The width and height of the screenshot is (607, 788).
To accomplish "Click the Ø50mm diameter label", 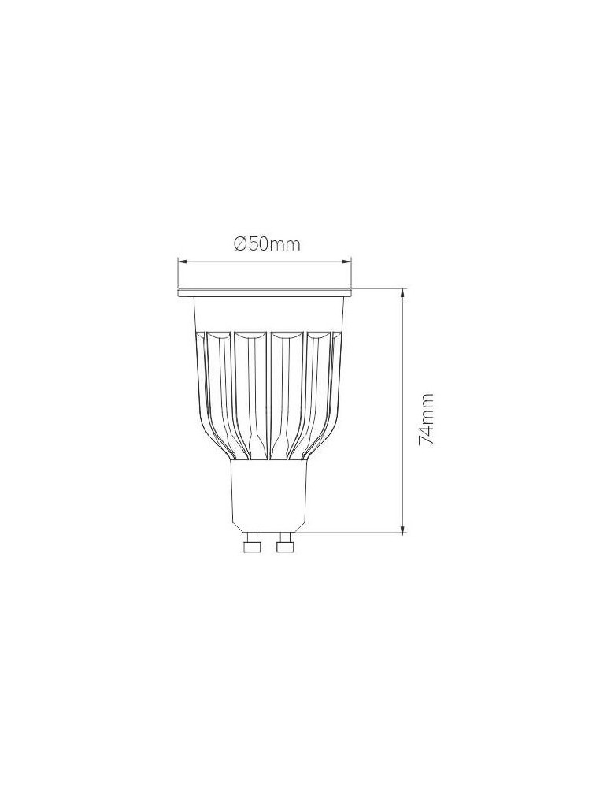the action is point(267,244).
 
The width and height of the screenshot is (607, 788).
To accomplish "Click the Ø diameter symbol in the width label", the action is point(240,244).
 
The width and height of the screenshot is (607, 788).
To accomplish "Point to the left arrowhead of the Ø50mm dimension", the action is point(183,262).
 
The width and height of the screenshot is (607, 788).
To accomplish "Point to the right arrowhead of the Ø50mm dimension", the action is point(346,262).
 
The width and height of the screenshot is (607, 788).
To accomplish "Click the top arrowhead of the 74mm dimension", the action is point(402,292).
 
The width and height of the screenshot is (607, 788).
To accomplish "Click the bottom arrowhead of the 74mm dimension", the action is point(402,527).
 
